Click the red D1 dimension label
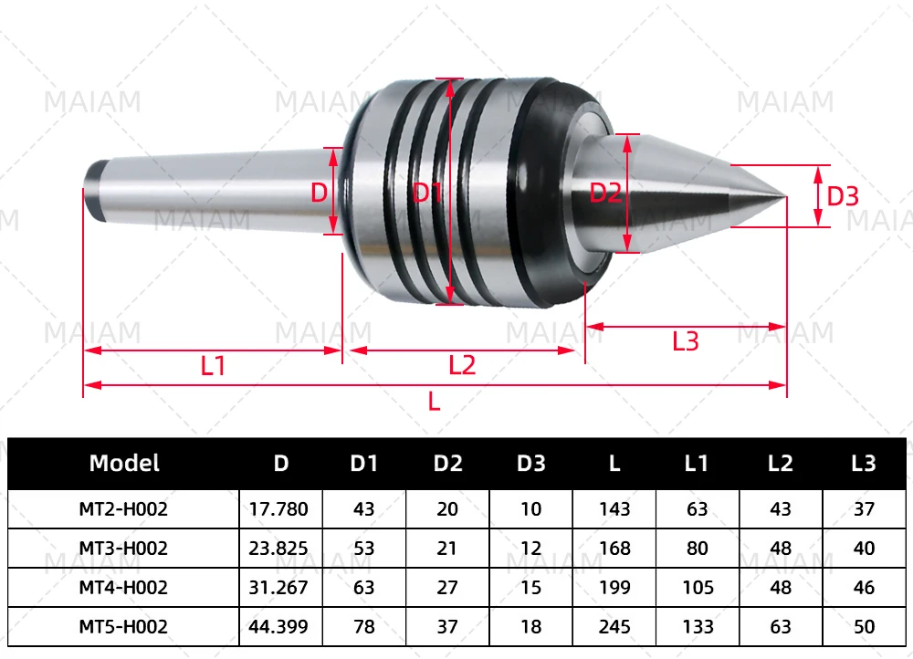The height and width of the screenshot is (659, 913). coord(426,192)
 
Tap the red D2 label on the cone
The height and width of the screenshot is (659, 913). coord(605,193)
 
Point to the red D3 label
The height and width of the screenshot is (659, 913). coord(843,196)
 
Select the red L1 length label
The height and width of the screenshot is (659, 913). coord(213,366)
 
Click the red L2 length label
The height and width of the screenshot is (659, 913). coord(462,366)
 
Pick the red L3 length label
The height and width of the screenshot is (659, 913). coord(686,341)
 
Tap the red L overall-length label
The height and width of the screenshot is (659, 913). coord(434,402)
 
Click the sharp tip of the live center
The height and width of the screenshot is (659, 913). coord(785,197)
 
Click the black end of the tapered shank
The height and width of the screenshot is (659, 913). coord(92,192)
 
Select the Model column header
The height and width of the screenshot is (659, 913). coord(124,463)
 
